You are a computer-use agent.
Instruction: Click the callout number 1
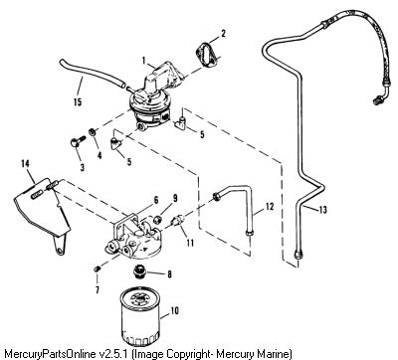[x=144, y=61]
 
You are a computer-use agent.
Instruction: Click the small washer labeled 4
[x=92, y=132]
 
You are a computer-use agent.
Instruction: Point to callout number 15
[x=78, y=101]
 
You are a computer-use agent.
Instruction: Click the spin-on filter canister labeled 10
[x=139, y=315]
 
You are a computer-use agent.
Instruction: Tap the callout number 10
[x=174, y=310]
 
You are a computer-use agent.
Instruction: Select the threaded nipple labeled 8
[x=139, y=270]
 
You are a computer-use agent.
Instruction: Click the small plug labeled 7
[x=97, y=269]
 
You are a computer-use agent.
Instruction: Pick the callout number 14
[x=25, y=163]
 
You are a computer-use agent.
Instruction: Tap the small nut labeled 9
[x=158, y=219]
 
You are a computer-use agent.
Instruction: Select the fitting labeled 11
[x=178, y=220]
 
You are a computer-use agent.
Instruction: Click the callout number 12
[x=270, y=207]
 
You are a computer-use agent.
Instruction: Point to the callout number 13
[x=322, y=210]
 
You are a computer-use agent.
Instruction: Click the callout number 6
[x=155, y=200]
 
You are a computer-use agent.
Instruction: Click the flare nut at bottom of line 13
[x=298, y=255]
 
